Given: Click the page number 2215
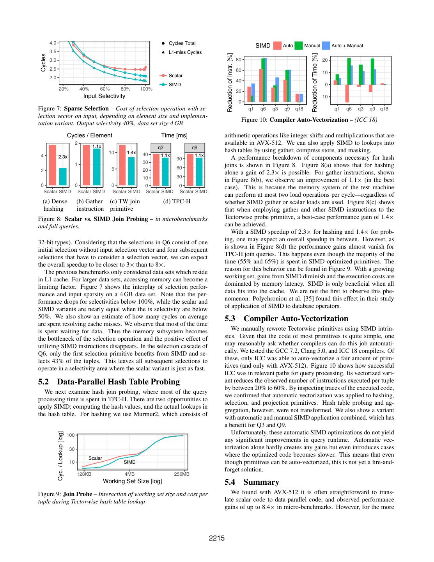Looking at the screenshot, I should point(217,539).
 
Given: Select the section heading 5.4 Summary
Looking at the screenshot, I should point(252,482).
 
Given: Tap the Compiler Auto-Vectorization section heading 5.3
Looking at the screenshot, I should point(286,318).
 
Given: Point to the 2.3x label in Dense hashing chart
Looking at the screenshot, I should point(63,157).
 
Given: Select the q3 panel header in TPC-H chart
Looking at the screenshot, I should point(161,148).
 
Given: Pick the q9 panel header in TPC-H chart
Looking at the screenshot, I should point(195,148).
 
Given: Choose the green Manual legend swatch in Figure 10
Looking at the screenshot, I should point(299,46).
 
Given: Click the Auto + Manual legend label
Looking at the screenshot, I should point(347,46).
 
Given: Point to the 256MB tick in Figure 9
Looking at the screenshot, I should point(182,474).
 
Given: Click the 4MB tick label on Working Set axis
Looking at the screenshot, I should point(130,474).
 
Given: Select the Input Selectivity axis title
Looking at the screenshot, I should point(104,96).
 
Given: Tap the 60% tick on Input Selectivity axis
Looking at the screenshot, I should point(105,89).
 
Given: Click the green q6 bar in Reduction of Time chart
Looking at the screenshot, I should point(349,71).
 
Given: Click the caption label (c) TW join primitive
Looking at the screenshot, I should point(124,205).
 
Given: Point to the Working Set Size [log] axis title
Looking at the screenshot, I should point(132,481).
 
